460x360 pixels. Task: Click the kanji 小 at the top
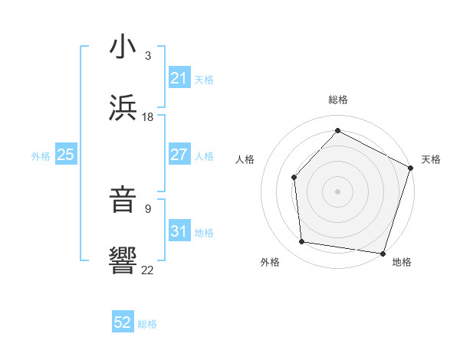tap(123, 46)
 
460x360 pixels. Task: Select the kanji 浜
tap(123, 106)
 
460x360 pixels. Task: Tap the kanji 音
tap(123, 198)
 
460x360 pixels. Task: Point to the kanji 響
tap(123, 260)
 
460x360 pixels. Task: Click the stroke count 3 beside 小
tap(148, 56)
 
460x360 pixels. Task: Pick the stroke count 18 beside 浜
tap(148, 117)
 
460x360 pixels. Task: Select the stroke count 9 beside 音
tap(148, 208)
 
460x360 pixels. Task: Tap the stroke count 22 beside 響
tap(148, 270)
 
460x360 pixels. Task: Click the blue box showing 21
tap(179, 78)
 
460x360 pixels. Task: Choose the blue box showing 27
tap(179, 155)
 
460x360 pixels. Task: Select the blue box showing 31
tap(179, 231)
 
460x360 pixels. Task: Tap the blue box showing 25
tap(65, 155)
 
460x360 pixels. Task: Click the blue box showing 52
tap(123, 323)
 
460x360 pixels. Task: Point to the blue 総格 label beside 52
tap(147, 324)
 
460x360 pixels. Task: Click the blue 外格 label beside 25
tap(41, 156)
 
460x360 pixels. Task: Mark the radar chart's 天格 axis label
tap(431, 159)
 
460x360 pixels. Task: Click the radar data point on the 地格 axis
tap(383, 253)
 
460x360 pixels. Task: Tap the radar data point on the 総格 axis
tap(337, 130)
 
